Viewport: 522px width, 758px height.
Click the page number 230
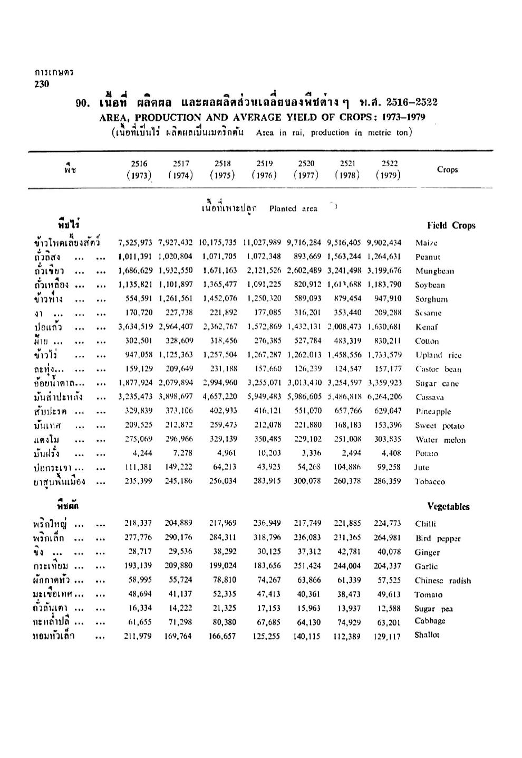pyautogui.click(x=41, y=84)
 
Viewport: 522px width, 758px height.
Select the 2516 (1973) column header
pyautogui.click(x=139, y=169)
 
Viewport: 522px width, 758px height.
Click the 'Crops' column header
pyautogui.click(x=447, y=169)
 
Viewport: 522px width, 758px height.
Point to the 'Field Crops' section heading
pyautogui.click(x=451, y=225)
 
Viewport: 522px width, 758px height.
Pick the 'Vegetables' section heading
pyautogui.click(x=448, y=506)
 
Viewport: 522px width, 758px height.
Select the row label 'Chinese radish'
pyautogui.click(x=443, y=581)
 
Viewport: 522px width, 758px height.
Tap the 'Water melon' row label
pyautogui.click(x=440, y=440)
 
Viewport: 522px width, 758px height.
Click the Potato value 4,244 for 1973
pyautogui.click(x=141, y=453)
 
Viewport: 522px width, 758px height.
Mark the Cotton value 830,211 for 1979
pyautogui.click(x=387, y=341)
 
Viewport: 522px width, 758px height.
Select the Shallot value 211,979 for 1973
pyautogui.click(x=138, y=637)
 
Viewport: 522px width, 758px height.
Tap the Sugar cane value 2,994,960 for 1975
pyautogui.click(x=219, y=383)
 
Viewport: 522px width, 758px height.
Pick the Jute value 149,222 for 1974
pyautogui.click(x=178, y=467)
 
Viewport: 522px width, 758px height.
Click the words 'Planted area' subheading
pyautogui.click(x=293, y=209)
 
